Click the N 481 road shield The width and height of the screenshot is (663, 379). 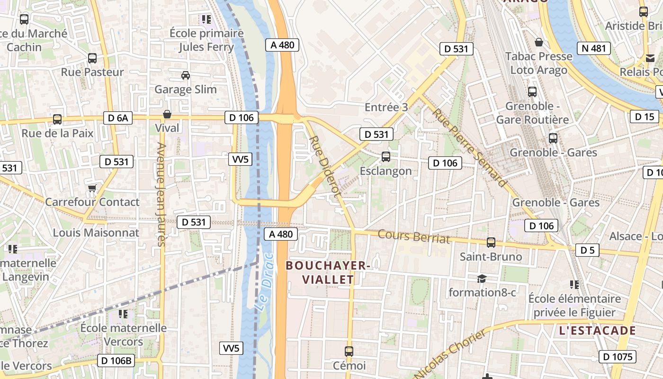pyautogui.click(x=593, y=48)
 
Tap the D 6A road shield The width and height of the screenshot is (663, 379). pyautogui.click(x=118, y=118)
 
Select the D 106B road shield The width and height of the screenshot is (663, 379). pyautogui.click(x=116, y=361)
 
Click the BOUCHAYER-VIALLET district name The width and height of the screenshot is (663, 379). pyautogui.click(x=327, y=272)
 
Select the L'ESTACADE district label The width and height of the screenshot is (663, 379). pyautogui.click(x=597, y=331)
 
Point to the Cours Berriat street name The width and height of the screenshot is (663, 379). pyautogui.click(x=413, y=236)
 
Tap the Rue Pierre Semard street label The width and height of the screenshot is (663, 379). pyautogui.click(x=469, y=147)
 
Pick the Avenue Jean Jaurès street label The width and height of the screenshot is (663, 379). pyautogui.click(x=161, y=194)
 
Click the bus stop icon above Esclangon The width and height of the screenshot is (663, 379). pyautogui.click(x=386, y=156)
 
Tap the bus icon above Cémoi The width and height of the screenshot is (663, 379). pyautogui.click(x=349, y=352)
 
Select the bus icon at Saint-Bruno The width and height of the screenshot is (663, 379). pyautogui.click(x=491, y=242)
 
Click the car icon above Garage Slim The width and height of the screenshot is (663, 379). pyautogui.click(x=186, y=75)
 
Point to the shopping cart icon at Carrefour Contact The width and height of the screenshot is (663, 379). pyautogui.click(x=92, y=189)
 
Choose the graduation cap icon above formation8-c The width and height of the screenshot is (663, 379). pyautogui.click(x=482, y=279)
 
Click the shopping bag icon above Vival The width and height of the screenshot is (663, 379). pyautogui.click(x=167, y=114)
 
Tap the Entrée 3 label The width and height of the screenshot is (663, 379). pyautogui.click(x=386, y=108)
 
